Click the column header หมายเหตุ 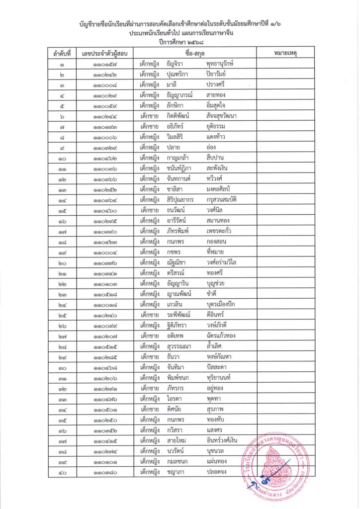[x=285, y=53]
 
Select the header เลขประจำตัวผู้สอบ [x=104, y=53]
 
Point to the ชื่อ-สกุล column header [x=195, y=53]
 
